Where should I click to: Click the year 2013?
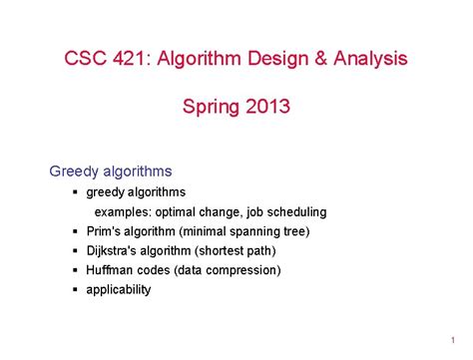(x=264, y=105)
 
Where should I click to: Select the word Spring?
(x=208, y=105)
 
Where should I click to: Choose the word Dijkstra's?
(x=114, y=250)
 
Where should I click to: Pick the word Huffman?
(x=108, y=269)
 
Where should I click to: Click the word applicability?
(x=119, y=289)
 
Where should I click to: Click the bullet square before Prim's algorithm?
(x=75, y=231)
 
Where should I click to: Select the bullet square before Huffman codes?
(x=75, y=269)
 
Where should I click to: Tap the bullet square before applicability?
(x=75, y=289)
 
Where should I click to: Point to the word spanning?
(x=253, y=231)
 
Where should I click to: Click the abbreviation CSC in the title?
(x=85, y=59)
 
